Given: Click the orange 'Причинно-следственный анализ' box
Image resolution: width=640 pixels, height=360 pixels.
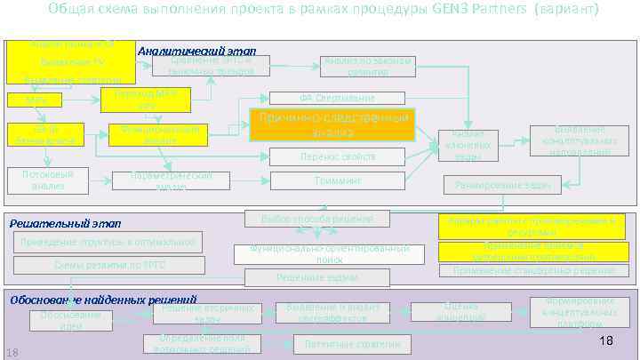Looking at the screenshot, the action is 332,126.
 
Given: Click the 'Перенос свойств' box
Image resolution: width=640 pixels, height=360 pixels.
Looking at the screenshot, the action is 337,156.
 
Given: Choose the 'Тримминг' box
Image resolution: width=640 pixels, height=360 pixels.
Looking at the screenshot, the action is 337,181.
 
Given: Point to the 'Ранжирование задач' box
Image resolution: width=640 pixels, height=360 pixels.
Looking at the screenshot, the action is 502,186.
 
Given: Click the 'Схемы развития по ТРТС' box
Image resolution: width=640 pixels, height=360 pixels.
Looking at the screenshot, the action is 109,265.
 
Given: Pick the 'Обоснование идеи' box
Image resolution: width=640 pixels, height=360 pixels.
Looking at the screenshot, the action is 71,321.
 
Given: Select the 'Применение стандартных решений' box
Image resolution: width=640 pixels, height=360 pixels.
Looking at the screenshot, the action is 533,270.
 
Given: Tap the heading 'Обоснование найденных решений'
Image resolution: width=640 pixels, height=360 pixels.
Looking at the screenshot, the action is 103,300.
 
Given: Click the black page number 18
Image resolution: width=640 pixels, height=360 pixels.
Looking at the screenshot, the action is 607,341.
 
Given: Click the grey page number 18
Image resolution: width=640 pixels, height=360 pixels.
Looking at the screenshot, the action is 12,354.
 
